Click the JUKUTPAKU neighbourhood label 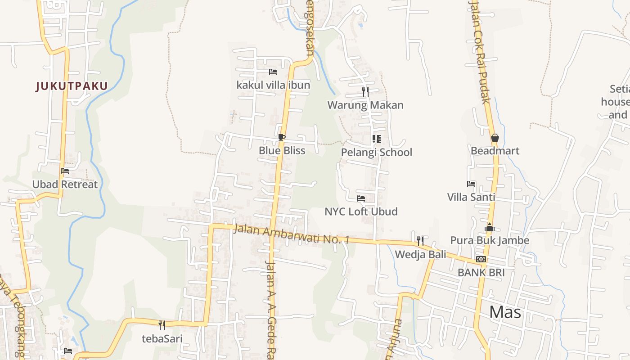click(x=72, y=86)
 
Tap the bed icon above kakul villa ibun click(x=273, y=72)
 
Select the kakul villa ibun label click(x=273, y=85)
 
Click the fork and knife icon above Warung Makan click(x=365, y=92)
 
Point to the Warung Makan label click(x=365, y=105)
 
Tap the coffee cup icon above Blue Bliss click(x=282, y=137)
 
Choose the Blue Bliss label click(x=282, y=150)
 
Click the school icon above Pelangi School click(x=376, y=139)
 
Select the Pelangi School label click(x=376, y=152)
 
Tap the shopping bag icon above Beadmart click(x=495, y=138)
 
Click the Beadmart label click(x=495, y=151)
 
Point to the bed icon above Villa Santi click(x=471, y=184)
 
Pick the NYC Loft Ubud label click(x=361, y=211)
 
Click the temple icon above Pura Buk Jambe click(x=490, y=227)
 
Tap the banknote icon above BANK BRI click(x=481, y=259)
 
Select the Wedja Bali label click(x=420, y=255)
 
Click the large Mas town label click(x=505, y=311)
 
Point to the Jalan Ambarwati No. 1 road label click(x=291, y=234)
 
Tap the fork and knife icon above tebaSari click(x=162, y=325)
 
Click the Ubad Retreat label click(x=65, y=184)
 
